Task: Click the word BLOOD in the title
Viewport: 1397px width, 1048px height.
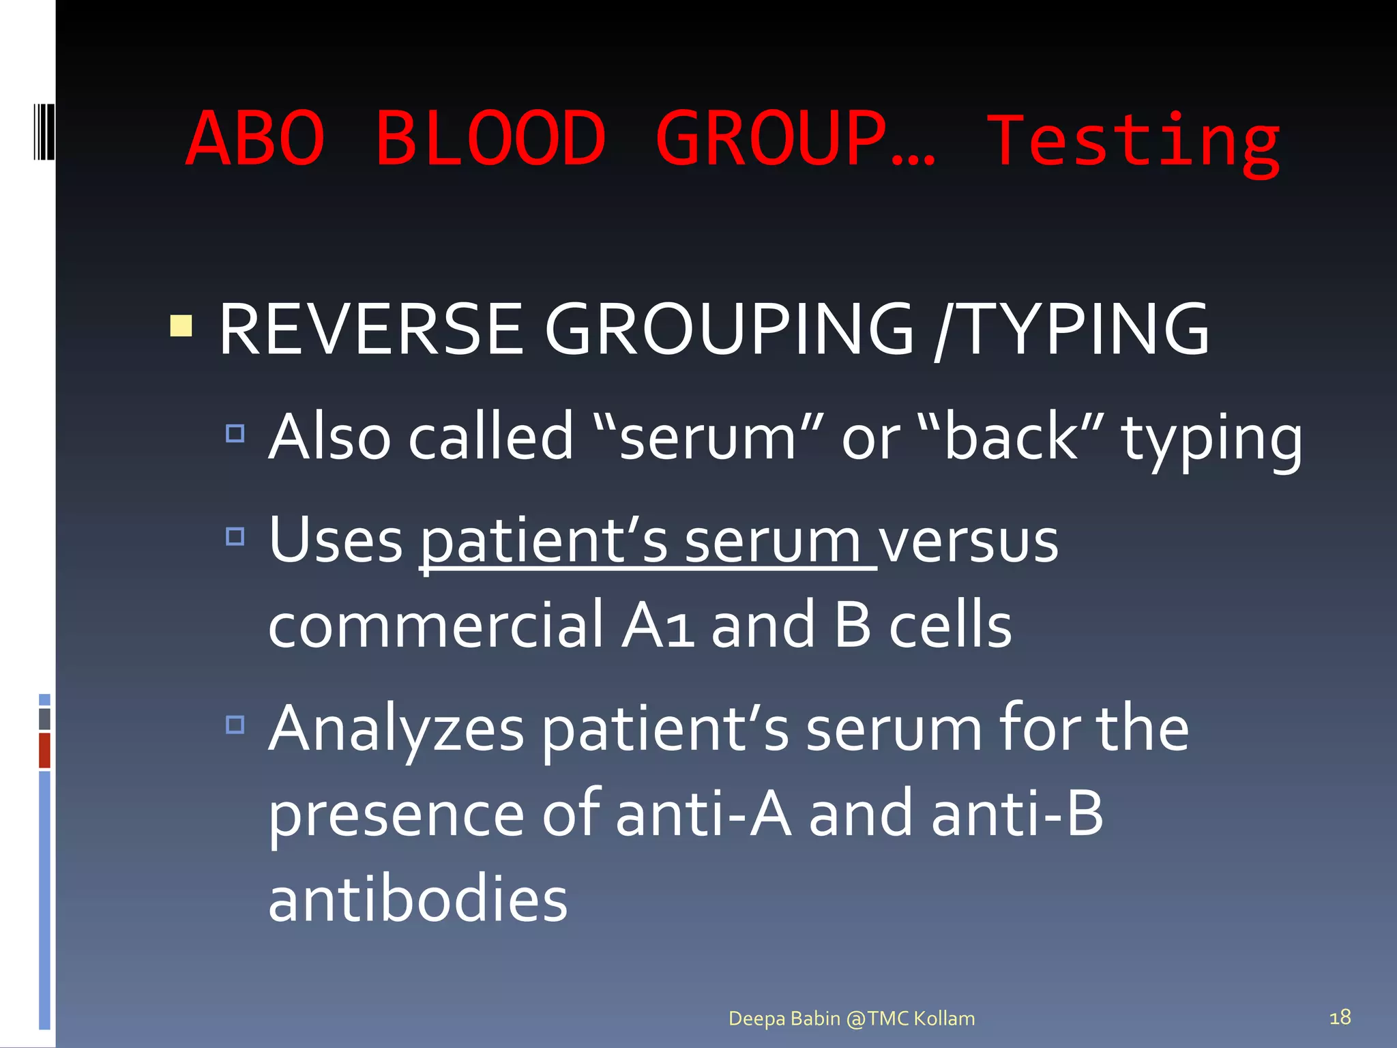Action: [x=490, y=139]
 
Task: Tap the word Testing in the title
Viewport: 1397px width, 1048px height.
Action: [x=1134, y=142]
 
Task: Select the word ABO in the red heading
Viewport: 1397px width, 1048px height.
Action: [x=255, y=139]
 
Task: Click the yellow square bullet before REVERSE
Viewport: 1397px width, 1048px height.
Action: [x=181, y=326]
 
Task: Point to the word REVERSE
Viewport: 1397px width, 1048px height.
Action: [x=370, y=330]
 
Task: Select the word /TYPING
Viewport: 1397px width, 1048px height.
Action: [x=1072, y=330]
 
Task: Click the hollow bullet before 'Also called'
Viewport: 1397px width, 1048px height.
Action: [x=235, y=433]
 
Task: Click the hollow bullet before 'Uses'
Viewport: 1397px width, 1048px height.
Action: [x=235, y=536]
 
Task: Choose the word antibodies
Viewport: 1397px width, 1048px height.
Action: [x=417, y=899]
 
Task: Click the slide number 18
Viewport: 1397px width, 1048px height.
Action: [x=1340, y=1017]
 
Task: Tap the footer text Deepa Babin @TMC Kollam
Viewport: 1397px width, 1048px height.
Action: [x=851, y=1019]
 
